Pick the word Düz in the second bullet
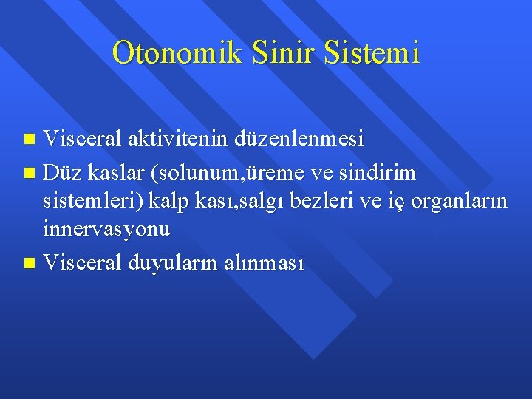click(x=60, y=173)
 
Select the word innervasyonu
click(x=106, y=229)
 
